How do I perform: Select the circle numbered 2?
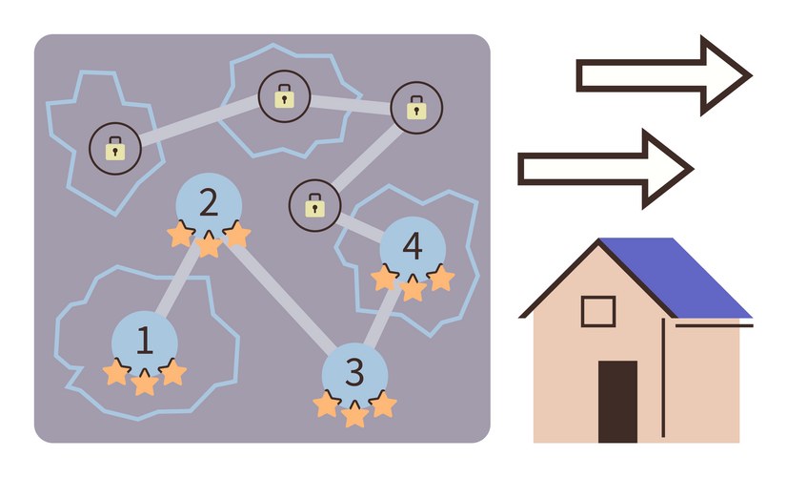point(209,202)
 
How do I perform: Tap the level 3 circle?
point(354,372)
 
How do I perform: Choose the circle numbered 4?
point(413,247)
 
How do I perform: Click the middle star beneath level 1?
point(144,384)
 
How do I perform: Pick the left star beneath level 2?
point(180,235)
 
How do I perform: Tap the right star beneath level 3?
point(383,404)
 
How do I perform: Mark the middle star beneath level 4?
point(413,289)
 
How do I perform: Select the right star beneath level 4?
point(440,279)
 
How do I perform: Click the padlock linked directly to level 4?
point(313,204)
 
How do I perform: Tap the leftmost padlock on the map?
point(114,148)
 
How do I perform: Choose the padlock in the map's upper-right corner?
point(416,108)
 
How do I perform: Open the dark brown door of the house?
point(617,401)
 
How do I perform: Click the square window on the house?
point(598,312)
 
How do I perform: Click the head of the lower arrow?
point(668,169)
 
